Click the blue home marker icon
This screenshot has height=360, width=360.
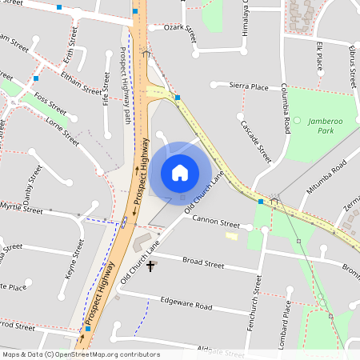180,173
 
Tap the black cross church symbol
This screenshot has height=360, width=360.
150,265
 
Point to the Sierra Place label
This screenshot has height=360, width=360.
248,86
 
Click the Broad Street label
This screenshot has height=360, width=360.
203,262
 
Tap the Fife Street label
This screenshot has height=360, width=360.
106,89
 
